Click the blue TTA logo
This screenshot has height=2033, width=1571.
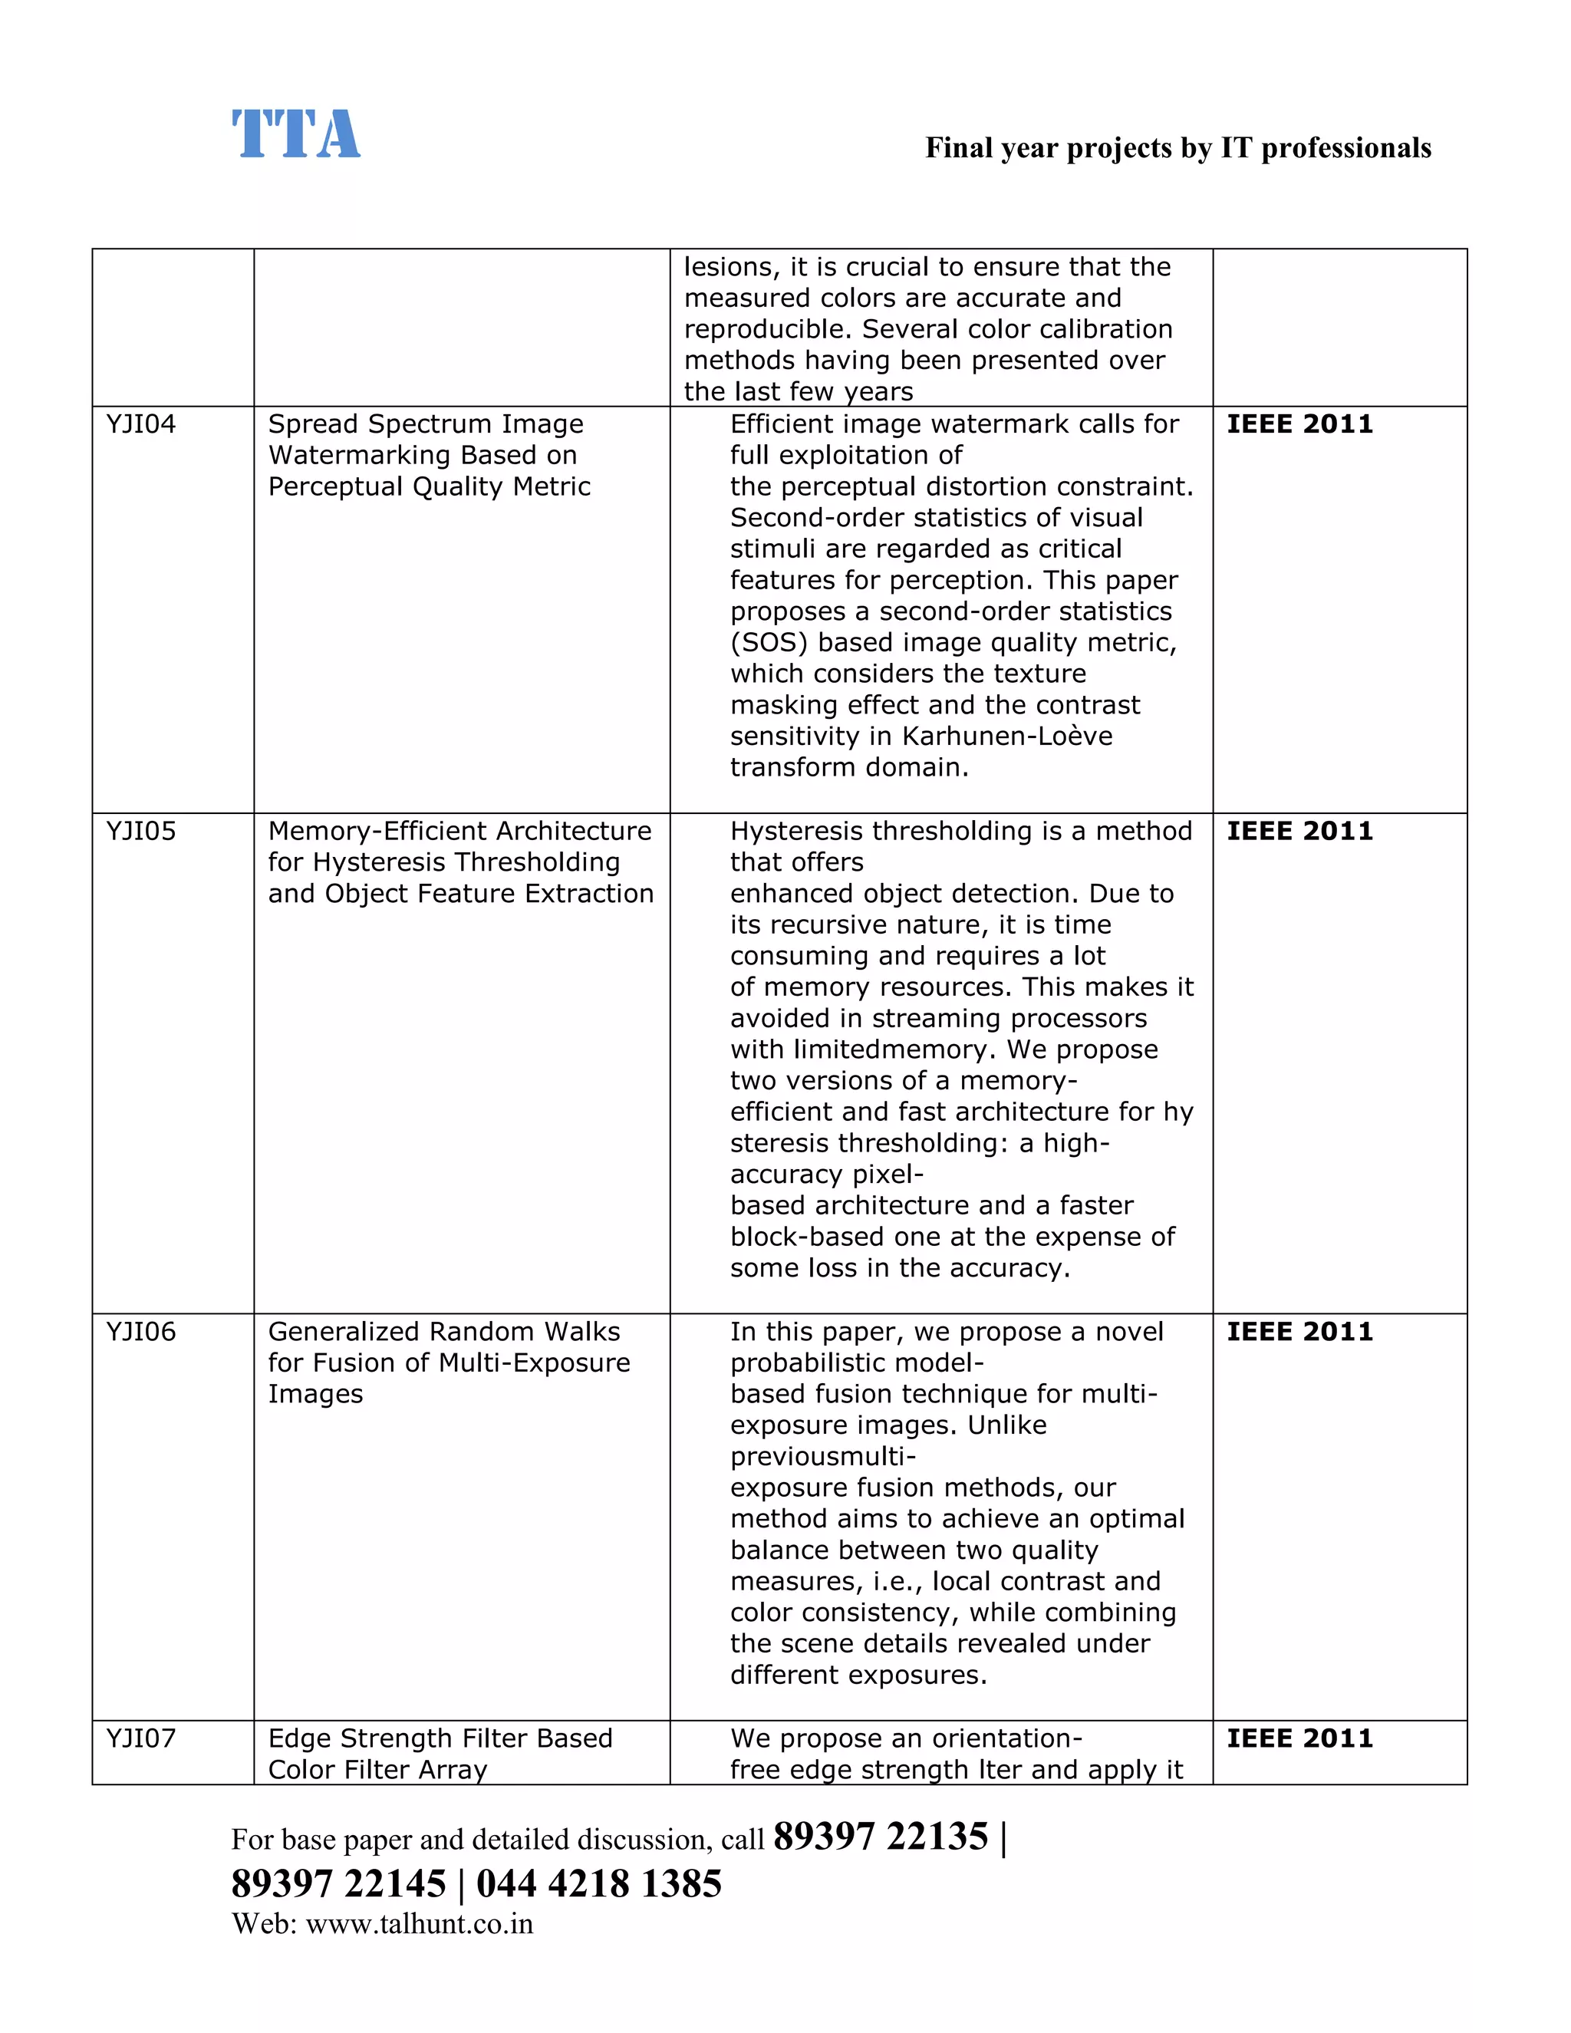[295, 134]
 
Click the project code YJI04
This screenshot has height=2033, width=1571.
[140, 424]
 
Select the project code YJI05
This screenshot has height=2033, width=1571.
[140, 832]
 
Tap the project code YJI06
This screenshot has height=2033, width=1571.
[140, 1332]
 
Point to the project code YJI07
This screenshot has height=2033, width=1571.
[140, 1739]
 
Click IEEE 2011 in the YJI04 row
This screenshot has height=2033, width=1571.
[1299, 424]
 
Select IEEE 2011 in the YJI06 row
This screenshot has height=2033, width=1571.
[1299, 1332]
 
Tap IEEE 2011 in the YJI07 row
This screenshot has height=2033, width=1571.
[1299, 1739]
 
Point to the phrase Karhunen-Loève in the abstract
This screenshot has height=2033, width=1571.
[1007, 736]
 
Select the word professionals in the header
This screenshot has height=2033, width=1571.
[1345, 148]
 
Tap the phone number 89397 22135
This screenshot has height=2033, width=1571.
[881, 1837]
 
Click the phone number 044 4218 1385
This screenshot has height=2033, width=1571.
[598, 1884]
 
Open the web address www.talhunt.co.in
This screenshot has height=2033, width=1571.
[419, 1924]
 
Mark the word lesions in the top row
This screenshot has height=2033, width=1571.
[729, 267]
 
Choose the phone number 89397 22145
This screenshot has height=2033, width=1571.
[339, 1884]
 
